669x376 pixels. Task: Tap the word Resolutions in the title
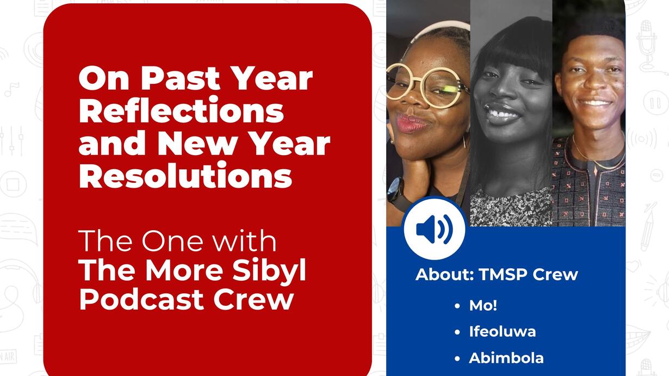185,175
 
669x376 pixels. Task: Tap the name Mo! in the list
483,305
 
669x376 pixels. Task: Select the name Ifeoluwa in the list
503,331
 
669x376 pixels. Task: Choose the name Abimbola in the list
506,358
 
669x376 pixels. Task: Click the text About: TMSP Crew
497,274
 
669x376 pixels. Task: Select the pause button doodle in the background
655,102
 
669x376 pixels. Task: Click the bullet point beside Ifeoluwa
457,332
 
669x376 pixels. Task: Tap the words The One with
177,241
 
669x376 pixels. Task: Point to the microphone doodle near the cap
647,45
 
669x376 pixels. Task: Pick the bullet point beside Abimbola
457,359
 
